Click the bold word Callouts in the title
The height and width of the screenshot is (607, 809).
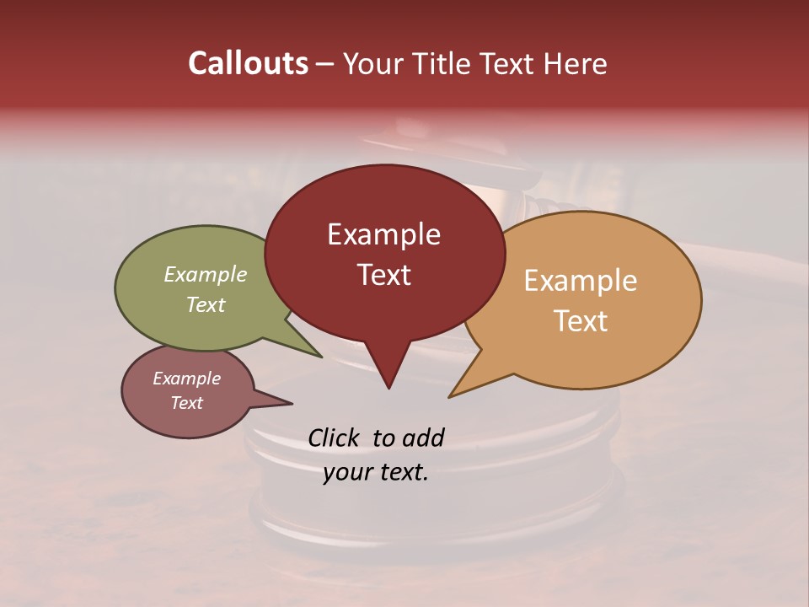coord(249,63)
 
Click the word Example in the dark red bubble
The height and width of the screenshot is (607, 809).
coord(383,234)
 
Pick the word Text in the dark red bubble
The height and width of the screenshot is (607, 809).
coord(383,275)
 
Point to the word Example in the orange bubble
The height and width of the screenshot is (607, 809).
coord(581,281)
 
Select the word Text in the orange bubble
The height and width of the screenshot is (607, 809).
coord(581,321)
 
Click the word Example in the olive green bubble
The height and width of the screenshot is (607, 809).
coord(206,274)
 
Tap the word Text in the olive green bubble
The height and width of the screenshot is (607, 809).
coord(206,304)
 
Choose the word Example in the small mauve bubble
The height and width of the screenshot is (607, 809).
coord(186,379)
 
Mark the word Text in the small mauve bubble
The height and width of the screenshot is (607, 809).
coord(186,403)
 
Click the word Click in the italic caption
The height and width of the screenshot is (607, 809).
coord(334,438)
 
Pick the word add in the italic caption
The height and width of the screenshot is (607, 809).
coord(423,438)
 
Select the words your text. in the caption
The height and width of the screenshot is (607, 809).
coord(376,472)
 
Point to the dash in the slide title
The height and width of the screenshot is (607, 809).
coord(325,63)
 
